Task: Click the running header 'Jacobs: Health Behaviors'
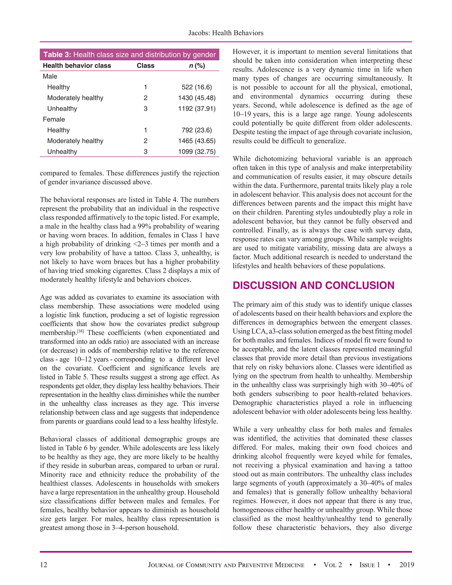tap(226, 33)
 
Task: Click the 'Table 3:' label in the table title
tap(57, 55)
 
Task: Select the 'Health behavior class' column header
tap(77, 66)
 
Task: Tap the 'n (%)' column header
tap(197, 66)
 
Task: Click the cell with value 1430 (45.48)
tap(197, 98)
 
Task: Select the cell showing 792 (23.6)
tap(197, 130)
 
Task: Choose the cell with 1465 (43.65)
tap(197, 141)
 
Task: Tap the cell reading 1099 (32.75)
tap(197, 152)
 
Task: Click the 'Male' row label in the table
tap(50, 76)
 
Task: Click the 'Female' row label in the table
tap(54, 119)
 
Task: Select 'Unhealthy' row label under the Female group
tap(62, 152)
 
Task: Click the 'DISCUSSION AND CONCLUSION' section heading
tap(313, 285)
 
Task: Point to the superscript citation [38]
tap(80, 331)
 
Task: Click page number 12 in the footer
tap(43, 565)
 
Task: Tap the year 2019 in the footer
tap(407, 565)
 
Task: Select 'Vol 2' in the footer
tap(333, 565)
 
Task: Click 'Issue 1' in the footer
tap(369, 565)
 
